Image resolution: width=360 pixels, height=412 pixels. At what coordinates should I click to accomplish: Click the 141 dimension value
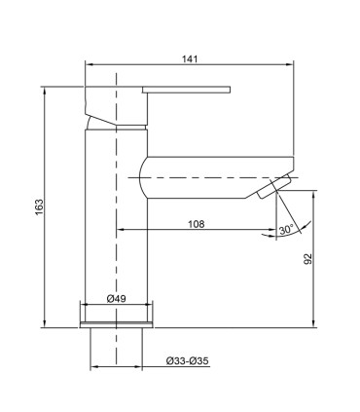pyautogui.click(x=190, y=59)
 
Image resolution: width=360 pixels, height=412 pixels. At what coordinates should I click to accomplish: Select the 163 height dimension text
pyautogui.click(x=39, y=206)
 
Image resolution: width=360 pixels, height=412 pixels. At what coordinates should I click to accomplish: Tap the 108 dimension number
pyautogui.click(x=197, y=224)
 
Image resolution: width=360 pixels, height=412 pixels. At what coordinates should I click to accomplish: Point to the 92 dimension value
pyautogui.click(x=308, y=258)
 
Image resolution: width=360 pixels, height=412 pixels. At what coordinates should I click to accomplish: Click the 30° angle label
pyautogui.click(x=286, y=230)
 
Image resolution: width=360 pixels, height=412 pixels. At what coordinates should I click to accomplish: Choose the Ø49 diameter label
pyautogui.click(x=116, y=299)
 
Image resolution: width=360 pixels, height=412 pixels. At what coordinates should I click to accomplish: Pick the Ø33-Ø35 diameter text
pyautogui.click(x=188, y=361)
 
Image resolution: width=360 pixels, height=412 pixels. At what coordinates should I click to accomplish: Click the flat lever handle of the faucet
pyautogui.click(x=186, y=90)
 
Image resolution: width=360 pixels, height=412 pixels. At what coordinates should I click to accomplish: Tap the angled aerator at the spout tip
pyautogui.click(x=273, y=186)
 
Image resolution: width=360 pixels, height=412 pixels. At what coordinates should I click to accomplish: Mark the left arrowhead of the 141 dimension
pyautogui.click(x=89, y=65)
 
